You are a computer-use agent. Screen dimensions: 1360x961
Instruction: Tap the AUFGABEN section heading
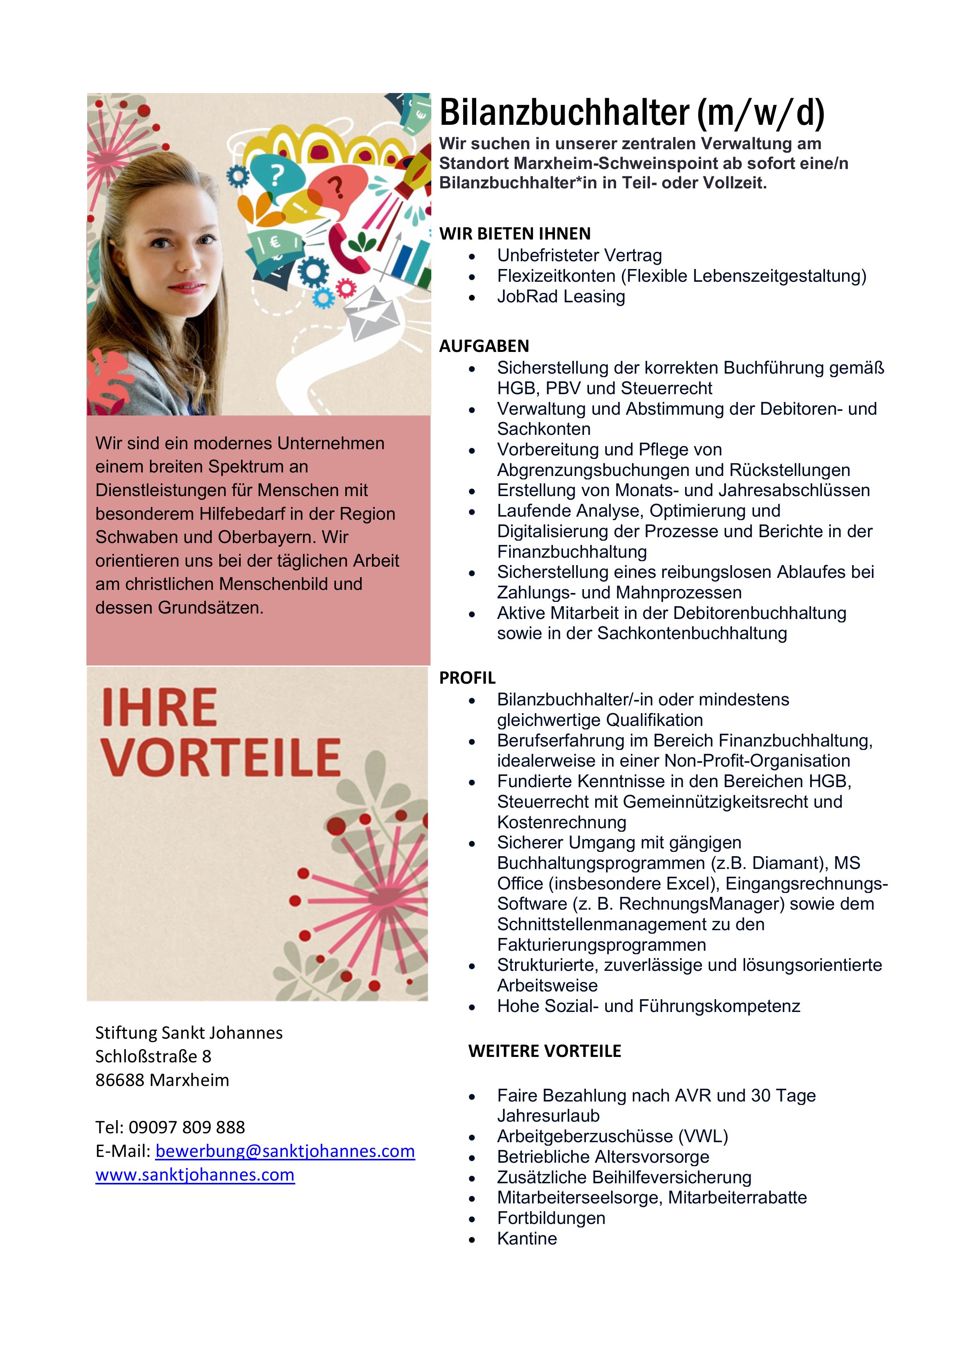(x=484, y=346)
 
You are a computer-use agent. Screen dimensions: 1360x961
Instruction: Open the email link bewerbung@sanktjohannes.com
(x=285, y=1151)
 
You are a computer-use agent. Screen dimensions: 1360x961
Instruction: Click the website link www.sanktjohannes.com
(x=195, y=1175)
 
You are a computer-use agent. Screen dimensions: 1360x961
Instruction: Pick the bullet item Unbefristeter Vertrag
(x=579, y=255)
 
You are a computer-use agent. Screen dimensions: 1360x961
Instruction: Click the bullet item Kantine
(x=527, y=1239)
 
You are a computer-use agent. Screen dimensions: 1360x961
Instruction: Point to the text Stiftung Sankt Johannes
(x=189, y=1032)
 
